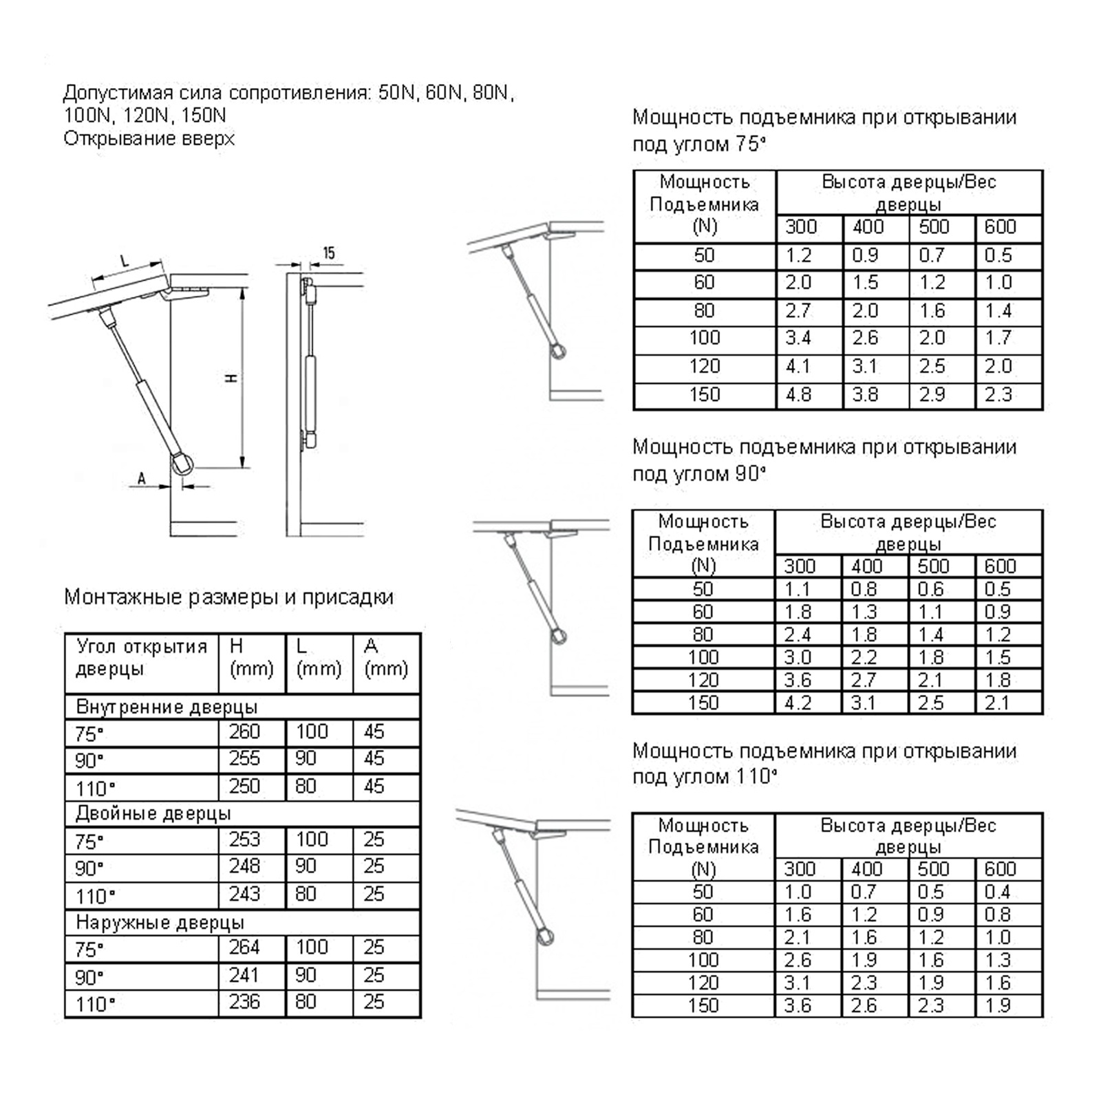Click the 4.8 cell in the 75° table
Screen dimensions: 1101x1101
point(799,395)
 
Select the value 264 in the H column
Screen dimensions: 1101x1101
point(244,948)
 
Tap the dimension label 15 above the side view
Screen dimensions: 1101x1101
point(329,253)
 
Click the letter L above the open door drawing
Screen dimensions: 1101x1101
point(125,261)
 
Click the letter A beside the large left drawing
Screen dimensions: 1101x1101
point(142,478)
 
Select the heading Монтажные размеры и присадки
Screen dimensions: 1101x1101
point(228,597)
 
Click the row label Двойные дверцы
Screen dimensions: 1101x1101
point(153,814)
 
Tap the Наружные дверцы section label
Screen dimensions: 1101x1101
point(160,922)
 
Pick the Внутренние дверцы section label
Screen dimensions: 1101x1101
point(167,707)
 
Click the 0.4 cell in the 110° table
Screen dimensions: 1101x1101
point(997,892)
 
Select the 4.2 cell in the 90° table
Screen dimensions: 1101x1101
point(798,703)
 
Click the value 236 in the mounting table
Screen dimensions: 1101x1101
point(244,1002)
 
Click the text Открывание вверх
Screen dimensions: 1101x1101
point(149,139)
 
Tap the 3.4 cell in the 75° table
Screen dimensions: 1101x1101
point(798,338)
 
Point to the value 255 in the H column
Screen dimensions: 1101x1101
point(244,758)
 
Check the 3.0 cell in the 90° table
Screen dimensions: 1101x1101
point(798,657)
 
